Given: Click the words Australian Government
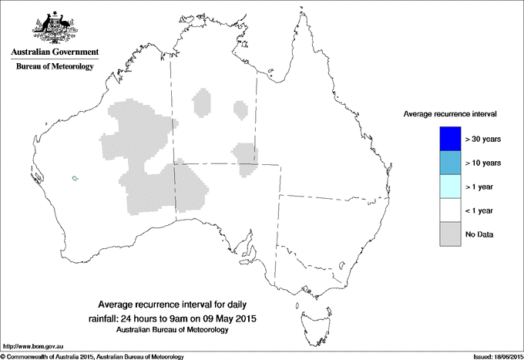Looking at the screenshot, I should pos(54,52).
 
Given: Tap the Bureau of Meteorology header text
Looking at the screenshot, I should pos(54,67).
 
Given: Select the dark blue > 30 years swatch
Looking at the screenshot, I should pos(447,139).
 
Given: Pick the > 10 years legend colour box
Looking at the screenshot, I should pos(447,163).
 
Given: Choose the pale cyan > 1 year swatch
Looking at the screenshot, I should pos(447,187).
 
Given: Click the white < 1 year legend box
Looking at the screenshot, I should pos(447,210).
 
